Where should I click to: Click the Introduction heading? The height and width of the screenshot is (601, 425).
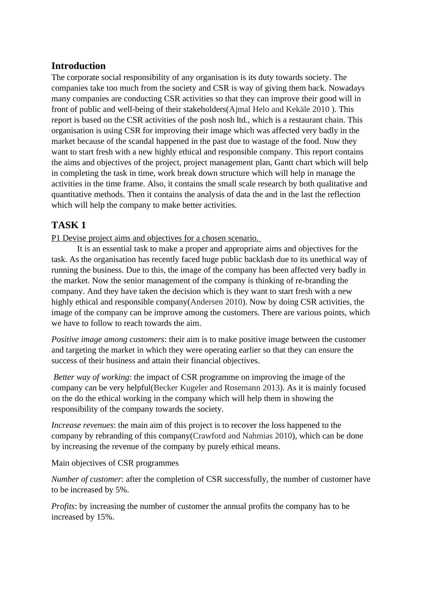click(x=78, y=66)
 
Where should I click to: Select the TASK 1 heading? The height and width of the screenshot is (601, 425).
click(x=68, y=225)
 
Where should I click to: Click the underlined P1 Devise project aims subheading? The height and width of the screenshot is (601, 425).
click(x=156, y=238)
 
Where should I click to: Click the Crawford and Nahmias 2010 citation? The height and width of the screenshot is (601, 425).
click(x=242, y=436)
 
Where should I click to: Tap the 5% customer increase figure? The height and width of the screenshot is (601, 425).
click(x=121, y=490)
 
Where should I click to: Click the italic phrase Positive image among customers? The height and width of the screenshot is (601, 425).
click(x=108, y=339)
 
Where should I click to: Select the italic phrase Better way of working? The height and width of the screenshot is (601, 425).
click(x=91, y=377)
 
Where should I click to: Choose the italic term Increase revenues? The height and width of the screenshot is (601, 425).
click(x=82, y=425)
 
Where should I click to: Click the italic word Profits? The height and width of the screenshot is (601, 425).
click(x=63, y=506)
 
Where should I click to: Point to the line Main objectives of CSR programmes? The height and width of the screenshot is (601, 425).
click(x=115, y=463)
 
